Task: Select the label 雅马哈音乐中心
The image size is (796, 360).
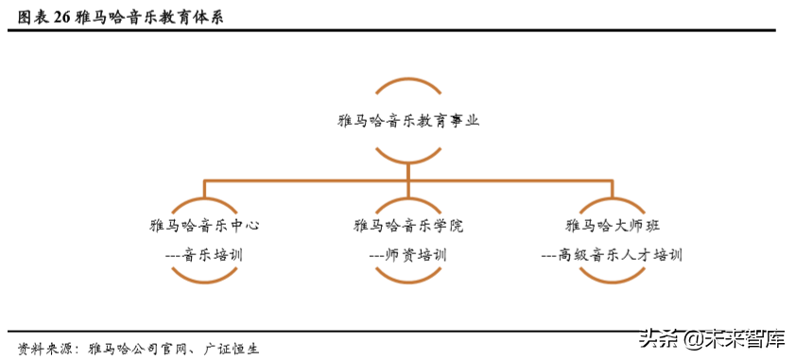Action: tap(204, 225)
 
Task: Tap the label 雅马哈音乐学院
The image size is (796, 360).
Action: tap(407, 225)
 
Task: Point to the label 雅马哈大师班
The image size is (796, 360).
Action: tap(613, 225)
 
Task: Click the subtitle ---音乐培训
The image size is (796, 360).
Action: tap(204, 254)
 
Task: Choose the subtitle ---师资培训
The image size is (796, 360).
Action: tap(407, 254)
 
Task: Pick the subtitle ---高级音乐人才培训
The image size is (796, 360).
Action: tap(612, 254)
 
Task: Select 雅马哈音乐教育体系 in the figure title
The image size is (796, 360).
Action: tap(150, 17)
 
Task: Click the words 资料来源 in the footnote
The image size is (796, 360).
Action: tap(43, 346)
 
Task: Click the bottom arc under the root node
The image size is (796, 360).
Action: tap(407, 157)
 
